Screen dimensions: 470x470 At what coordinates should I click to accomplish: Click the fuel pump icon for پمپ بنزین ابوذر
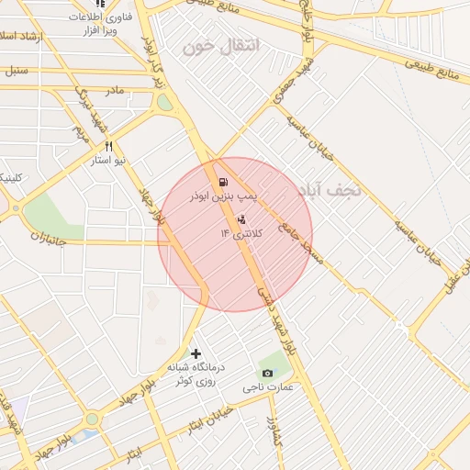pos(225,181)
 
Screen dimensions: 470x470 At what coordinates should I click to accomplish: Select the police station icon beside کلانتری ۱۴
pos(241,218)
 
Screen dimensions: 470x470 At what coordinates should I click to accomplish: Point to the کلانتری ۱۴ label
pos(241,234)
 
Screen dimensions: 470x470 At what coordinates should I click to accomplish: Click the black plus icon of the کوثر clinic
pos(195,352)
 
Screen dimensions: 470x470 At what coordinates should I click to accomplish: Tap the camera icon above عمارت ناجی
pos(267,373)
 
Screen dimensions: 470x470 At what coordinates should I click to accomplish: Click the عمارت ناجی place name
pos(268,388)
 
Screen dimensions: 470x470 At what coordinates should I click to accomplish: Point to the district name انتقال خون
pos(221,46)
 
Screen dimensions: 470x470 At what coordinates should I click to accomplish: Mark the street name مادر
pos(114,90)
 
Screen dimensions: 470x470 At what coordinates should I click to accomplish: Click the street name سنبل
pos(16,70)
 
